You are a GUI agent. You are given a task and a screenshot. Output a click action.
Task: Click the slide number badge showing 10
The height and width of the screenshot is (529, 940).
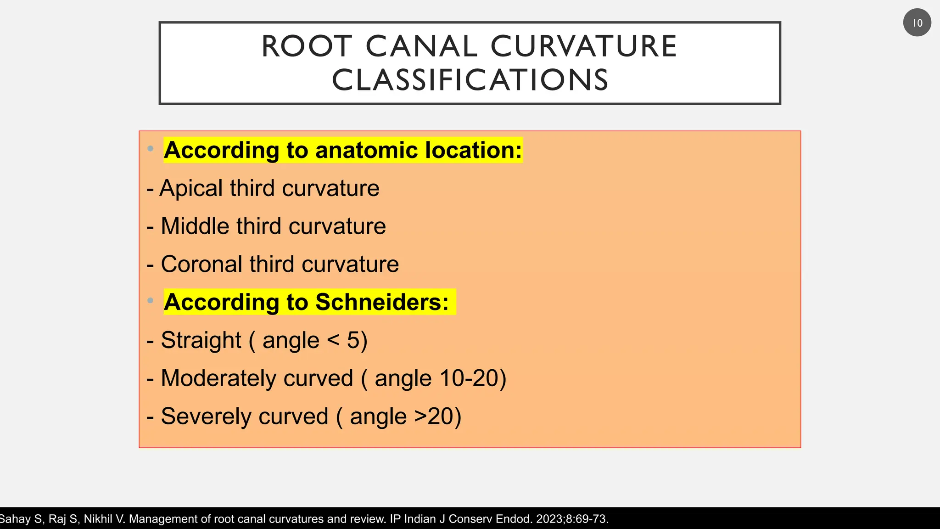[x=917, y=23]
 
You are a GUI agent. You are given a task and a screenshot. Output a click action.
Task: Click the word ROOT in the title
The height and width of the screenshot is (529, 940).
[x=307, y=46]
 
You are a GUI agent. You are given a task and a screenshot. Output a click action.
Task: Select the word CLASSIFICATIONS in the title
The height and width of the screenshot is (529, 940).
[x=470, y=80]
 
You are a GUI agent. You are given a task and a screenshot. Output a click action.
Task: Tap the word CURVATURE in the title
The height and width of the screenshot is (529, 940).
[x=583, y=46]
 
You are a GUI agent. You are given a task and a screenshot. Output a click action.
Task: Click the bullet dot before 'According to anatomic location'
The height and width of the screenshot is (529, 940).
[x=150, y=148]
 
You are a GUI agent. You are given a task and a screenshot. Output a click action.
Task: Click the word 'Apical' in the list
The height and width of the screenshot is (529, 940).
[x=191, y=188]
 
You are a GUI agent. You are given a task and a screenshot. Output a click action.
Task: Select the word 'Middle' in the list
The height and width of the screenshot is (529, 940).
[x=195, y=226]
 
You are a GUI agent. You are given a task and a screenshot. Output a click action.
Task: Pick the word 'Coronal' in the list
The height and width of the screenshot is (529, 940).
[x=201, y=264]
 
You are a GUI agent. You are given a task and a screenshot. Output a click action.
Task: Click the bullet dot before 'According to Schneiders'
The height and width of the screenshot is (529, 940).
[x=150, y=300]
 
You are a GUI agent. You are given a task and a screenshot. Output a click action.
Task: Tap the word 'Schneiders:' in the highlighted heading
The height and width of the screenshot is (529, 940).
[x=382, y=302]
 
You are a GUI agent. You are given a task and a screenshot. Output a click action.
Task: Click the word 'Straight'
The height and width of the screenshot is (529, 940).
[x=201, y=340]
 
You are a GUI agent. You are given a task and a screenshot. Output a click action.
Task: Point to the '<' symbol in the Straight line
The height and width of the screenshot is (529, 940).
[x=334, y=340]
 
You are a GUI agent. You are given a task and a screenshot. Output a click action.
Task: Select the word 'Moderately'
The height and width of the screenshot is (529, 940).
[x=257, y=378]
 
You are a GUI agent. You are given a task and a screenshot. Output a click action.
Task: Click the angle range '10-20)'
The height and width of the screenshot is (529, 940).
[x=473, y=378]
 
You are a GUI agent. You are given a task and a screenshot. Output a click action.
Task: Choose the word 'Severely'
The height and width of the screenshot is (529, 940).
[x=245, y=416]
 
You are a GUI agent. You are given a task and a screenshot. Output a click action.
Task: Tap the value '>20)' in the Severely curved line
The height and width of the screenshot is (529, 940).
[x=437, y=416]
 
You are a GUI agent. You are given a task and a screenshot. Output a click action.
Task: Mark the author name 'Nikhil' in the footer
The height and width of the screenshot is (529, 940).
[x=98, y=519]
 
